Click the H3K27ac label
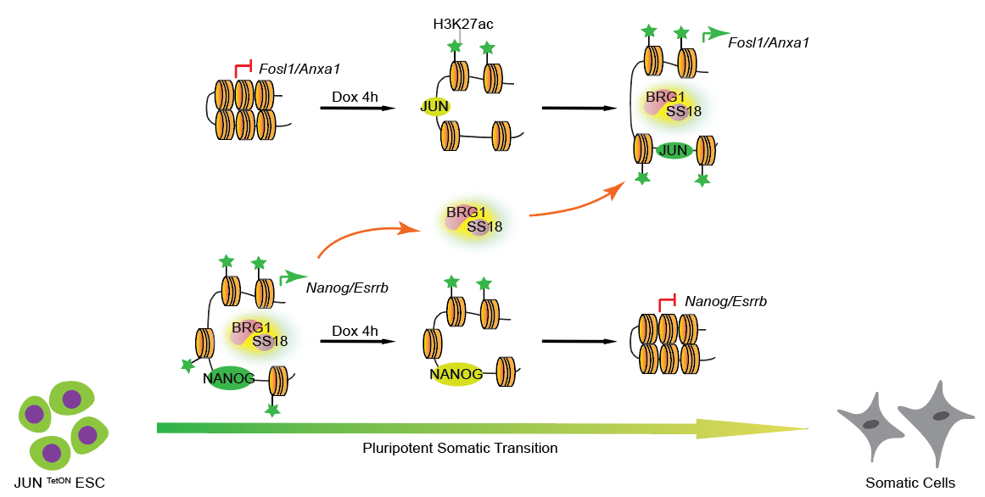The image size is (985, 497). tap(458, 24)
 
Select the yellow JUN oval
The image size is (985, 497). tap(434, 106)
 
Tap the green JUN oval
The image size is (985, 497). tap(676, 151)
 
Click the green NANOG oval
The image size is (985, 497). tap(229, 378)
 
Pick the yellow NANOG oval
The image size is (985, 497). tap(456, 373)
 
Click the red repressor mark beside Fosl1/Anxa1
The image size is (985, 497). tap(244, 68)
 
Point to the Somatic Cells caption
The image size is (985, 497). tap(909, 483)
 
